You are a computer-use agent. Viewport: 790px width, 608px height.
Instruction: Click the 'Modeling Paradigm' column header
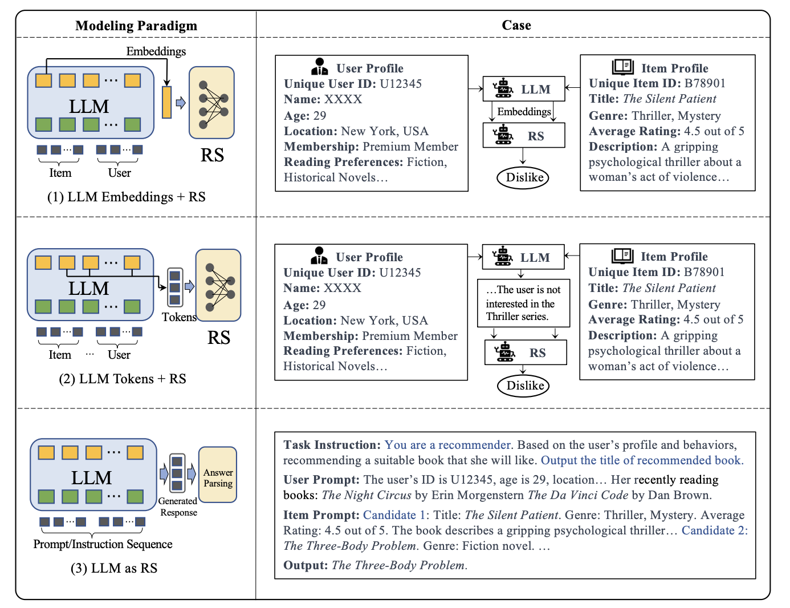tap(136, 26)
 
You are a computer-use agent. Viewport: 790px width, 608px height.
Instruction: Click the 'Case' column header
tap(516, 25)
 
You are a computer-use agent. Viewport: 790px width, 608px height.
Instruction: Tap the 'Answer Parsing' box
tap(218, 475)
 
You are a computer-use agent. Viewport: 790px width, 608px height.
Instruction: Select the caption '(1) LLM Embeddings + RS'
tap(127, 197)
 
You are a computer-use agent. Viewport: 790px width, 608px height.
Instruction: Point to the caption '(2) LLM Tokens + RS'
tap(123, 379)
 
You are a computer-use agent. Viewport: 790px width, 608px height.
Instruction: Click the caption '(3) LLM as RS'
tap(114, 568)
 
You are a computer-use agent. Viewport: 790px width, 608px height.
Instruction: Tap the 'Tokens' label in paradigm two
tap(179, 317)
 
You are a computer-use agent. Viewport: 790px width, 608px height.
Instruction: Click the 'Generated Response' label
tap(178, 506)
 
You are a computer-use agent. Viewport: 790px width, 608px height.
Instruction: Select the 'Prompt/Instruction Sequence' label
tap(103, 544)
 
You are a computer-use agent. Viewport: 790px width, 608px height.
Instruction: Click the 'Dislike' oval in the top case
tap(523, 177)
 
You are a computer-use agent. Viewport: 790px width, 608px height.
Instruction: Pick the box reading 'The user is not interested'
tap(523, 303)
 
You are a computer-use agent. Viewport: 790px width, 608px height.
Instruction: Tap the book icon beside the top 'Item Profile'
tap(623, 67)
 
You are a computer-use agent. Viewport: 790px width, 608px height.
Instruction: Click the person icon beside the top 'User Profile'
tap(320, 67)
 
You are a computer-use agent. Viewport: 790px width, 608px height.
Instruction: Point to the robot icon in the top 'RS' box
tap(503, 135)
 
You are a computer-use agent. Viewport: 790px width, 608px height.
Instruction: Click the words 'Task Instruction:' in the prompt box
tap(332, 445)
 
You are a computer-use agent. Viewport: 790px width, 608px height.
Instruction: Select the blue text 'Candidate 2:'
tap(715, 530)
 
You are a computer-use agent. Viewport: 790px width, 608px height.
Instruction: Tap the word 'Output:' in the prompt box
tap(306, 565)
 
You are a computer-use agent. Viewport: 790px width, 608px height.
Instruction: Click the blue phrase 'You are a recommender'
tap(448, 445)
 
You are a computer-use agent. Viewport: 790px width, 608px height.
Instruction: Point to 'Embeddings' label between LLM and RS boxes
tap(524, 112)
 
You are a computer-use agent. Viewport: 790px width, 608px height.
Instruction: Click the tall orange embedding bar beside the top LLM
tap(167, 103)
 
